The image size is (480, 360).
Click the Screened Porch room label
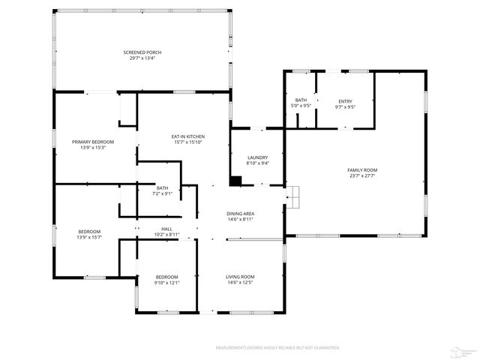(x=142, y=52)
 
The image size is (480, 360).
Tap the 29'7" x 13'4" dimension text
(x=142, y=57)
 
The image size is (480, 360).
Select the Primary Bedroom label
(x=93, y=142)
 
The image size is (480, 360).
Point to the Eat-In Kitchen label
(x=188, y=136)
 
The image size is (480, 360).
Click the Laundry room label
(x=257, y=157)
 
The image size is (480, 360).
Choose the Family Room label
(x=361, y=170)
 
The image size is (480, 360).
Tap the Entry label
(x=345, y=101)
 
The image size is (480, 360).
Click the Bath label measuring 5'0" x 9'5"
(x=301, y=100)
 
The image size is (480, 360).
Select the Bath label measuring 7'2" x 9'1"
(x=163, y=187)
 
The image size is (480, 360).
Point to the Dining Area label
(x=240, y=214)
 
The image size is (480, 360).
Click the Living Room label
(x=240, y=277)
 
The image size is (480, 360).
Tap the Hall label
(x=166, y=229)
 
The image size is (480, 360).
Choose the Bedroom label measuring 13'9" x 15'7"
(x=88, y=232)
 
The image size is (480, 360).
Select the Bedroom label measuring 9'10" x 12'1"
(x=166, y=277)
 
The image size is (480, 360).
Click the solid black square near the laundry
(x=235, y=181)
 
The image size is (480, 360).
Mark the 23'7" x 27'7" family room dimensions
(x=361, y=175)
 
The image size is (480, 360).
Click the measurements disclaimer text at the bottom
(x=277, y=348)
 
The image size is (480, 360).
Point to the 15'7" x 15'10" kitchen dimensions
(x=188, y=141)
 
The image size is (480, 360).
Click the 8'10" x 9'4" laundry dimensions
(x=257, y=163)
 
